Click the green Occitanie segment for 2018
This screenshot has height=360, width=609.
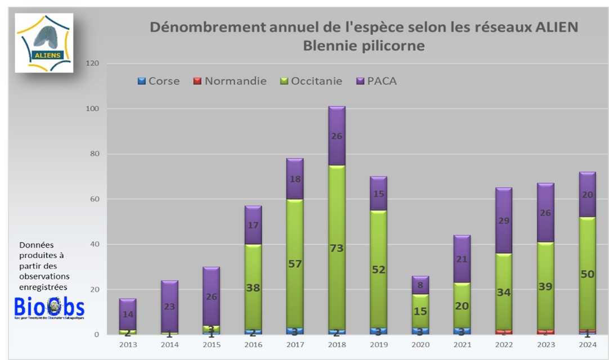click(x=337, y=247)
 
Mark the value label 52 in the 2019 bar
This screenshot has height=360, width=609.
click(x=378, y=269)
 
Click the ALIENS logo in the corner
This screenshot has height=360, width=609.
click(x=44, y=43)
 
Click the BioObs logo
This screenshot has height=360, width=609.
click(x=49, y=308)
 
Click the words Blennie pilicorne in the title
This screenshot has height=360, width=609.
click(x=364, y=46)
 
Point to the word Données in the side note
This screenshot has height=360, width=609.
click(x=35, y=245)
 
